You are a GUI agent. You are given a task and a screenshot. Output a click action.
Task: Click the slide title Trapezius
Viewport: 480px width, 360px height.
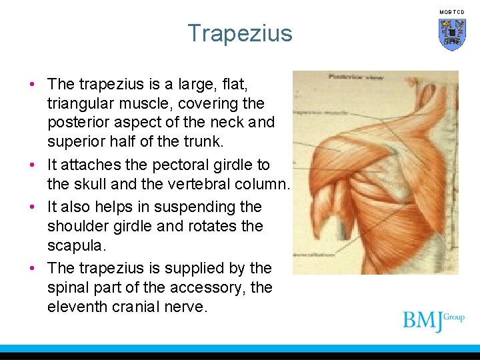tap(239, 33)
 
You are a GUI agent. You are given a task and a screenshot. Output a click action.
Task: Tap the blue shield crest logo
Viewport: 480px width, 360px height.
tap(452, 34)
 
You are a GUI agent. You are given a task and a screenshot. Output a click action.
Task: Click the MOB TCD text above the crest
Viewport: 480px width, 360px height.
tap(452, 12)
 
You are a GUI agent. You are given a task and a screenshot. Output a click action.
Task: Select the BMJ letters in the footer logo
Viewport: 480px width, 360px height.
tap(423, 321)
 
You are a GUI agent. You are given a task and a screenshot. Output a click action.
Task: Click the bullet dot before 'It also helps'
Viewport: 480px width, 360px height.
tap(32, 207)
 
